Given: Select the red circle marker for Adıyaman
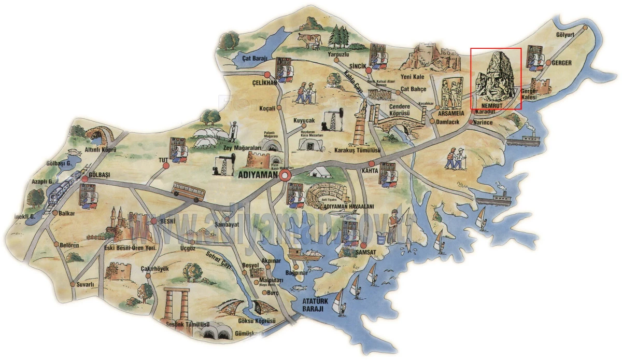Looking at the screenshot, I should click(285, 176).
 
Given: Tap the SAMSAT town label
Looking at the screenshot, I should click(366, 252).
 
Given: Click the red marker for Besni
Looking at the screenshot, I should click(154, 221).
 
